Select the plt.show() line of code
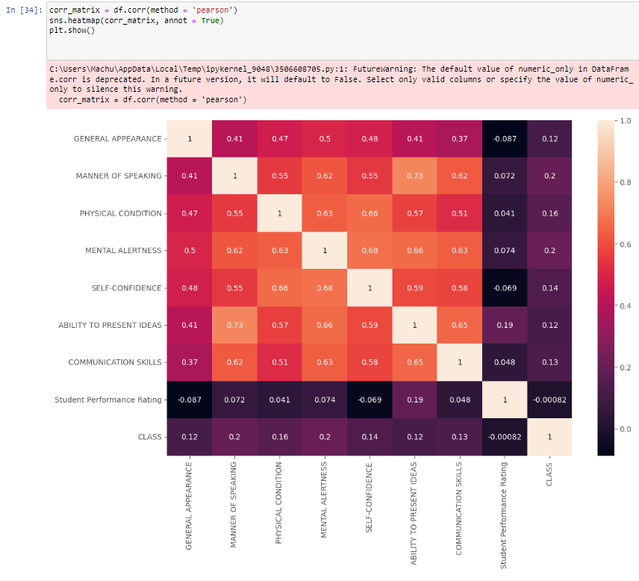(71, 29)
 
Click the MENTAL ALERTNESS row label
(123, 250)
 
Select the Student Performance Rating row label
(108, 400)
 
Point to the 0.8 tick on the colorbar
(625, 182)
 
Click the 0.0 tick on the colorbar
(625, 429)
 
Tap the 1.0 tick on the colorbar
(625, 120)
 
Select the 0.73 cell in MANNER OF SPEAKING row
(414, 175)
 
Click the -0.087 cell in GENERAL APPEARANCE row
(505, 138)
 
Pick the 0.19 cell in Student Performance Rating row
(414, 400)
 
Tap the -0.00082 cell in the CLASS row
(505, 437)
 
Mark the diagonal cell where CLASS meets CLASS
(549, 437)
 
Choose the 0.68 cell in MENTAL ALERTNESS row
(370, 250)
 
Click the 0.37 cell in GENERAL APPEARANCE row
(459, 138)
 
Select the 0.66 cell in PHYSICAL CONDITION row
(370, 213)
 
